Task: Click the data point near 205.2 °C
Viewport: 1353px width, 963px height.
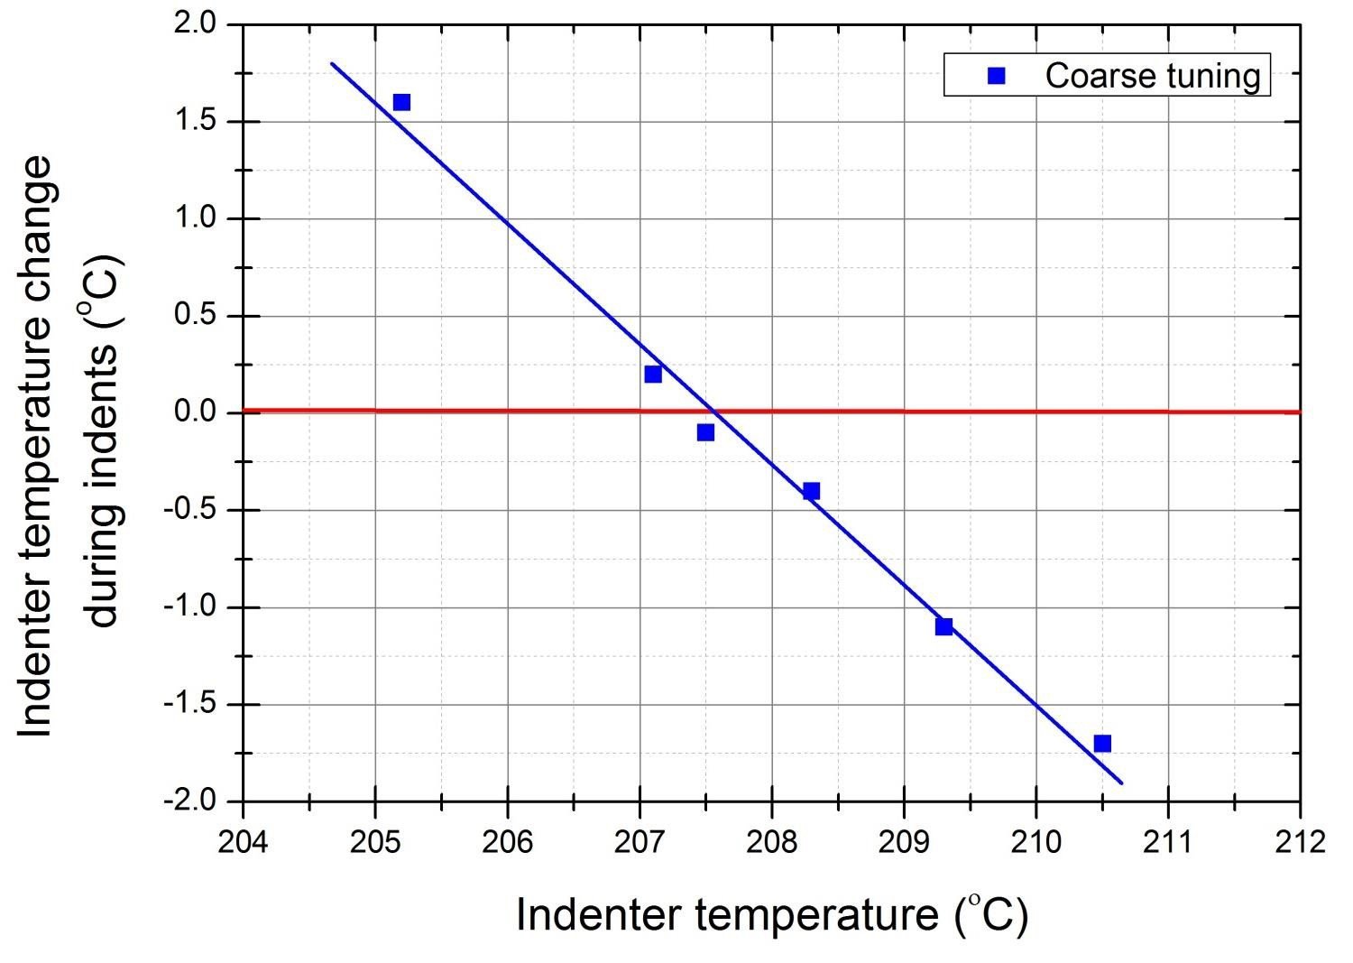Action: coord(401,102)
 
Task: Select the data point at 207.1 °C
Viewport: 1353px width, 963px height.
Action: coord(653,374)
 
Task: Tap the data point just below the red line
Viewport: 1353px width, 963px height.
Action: coord(705,432)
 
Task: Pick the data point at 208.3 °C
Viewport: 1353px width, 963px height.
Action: coord(811,491)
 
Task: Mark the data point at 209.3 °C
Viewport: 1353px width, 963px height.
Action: coord(943,626)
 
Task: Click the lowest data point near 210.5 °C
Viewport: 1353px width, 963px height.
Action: coord(1102,744)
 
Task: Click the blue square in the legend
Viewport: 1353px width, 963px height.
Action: coord(996,76)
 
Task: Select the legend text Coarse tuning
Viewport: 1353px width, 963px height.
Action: coord(1153,76)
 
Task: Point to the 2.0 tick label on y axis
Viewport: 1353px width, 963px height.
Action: coord(196,24)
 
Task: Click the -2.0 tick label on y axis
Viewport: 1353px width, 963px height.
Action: coord(190,801)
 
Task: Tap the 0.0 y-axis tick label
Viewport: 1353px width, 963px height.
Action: coord(196,413)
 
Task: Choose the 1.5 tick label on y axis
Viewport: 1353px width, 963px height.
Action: coord(196,122)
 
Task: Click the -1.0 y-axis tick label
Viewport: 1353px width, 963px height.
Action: coord(190,607)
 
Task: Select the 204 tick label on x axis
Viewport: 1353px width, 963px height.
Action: coord(243,842)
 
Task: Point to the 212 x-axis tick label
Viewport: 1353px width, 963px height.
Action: coord(1300,842)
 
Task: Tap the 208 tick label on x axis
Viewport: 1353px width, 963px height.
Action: coord(771,842)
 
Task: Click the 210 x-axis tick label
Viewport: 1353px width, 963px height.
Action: coord(1035,842)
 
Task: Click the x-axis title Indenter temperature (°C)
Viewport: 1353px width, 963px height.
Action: coord(771,915)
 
